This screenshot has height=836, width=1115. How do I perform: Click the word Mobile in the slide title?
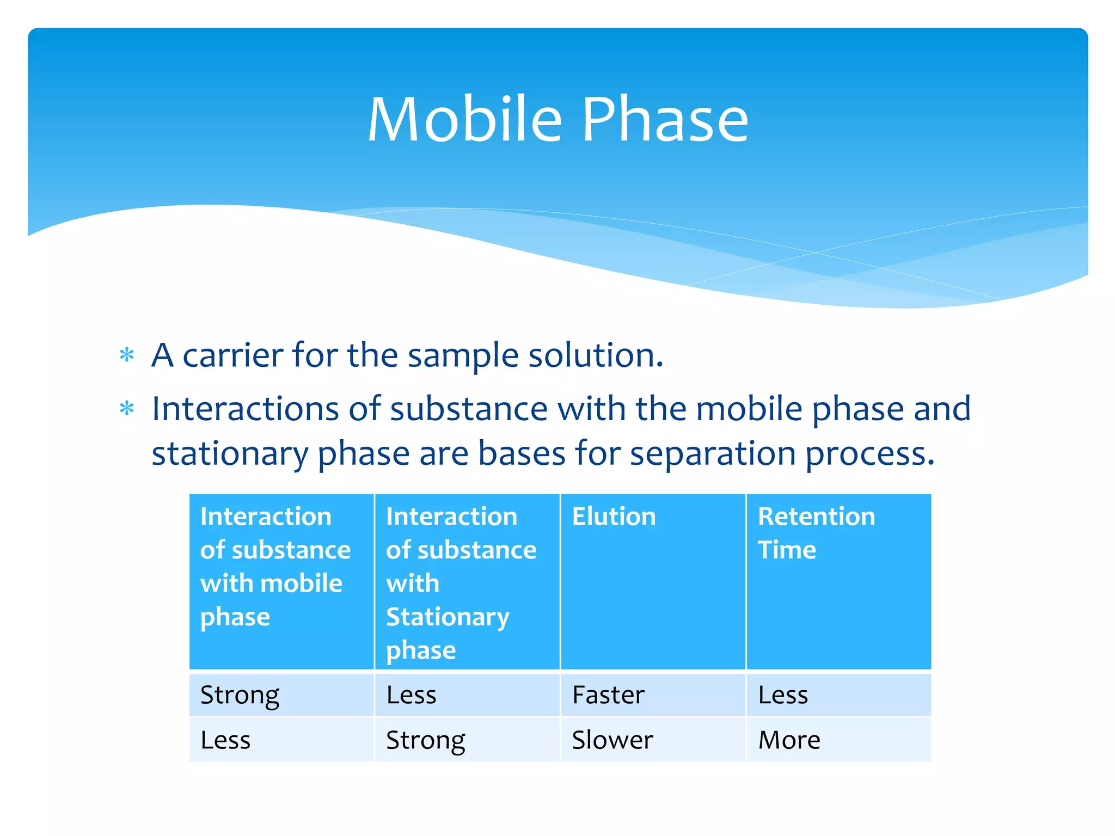point(464,119)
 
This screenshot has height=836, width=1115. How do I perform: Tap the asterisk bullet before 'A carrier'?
point(127,355)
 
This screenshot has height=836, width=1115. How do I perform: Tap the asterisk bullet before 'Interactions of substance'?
point(127,408)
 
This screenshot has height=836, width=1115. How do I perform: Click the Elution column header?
point(614,516)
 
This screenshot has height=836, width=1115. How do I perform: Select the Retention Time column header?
point(816,532)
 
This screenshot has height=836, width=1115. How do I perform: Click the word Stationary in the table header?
point(448,617)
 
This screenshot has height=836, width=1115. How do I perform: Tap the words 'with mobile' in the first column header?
point(271,583)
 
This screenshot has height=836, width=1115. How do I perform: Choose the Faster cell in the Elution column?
point(608,695)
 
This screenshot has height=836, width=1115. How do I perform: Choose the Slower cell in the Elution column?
point(612,740)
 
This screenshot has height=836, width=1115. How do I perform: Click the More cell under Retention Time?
point(789,740)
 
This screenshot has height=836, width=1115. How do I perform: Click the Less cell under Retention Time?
point(783,695)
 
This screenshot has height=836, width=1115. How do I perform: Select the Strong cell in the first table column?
point(240,695)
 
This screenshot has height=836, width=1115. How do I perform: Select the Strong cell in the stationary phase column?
point(425,740)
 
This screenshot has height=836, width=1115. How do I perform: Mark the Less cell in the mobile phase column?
point(225,740)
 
